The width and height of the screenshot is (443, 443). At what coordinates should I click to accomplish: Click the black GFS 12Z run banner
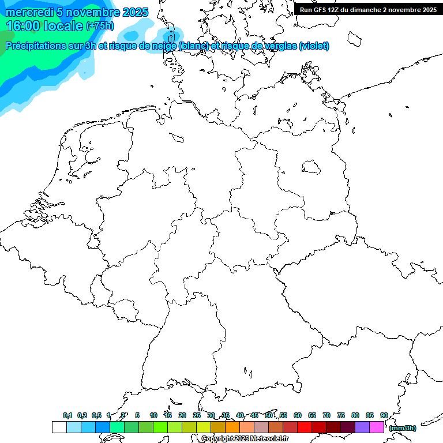coord(368,10)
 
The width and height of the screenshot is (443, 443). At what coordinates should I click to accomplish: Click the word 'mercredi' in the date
coord(28,12)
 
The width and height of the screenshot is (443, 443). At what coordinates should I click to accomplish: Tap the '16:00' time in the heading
coord(22,26)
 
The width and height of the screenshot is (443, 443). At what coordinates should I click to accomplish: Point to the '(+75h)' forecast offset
coord(100,26)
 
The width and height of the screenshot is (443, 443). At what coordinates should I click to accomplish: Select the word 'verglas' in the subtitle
coord(276,46)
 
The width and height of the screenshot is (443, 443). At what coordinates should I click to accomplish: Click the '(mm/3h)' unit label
coord(403,428)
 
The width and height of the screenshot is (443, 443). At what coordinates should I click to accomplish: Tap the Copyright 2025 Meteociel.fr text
coord(245,439)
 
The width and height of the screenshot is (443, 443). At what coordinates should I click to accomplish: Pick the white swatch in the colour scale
coord(59,427)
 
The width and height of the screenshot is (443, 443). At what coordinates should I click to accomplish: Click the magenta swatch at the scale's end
coord(377,427)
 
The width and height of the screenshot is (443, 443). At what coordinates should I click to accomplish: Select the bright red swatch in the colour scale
coord(304,427)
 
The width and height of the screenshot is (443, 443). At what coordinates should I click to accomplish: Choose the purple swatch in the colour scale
coord(362,427)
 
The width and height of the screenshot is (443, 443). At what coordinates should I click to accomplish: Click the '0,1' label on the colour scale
coord(67,416)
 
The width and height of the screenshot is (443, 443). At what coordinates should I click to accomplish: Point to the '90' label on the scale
coord(384,416)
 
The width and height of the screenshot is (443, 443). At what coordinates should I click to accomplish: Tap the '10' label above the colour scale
coord(153,416)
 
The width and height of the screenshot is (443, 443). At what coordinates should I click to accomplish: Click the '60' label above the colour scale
coord(298,416)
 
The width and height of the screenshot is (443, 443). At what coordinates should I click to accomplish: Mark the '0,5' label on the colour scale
coord(96,416)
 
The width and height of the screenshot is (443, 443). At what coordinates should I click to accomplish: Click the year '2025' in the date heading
coord(135,12)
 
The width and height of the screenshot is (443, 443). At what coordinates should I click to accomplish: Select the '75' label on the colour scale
coord(341,416)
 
